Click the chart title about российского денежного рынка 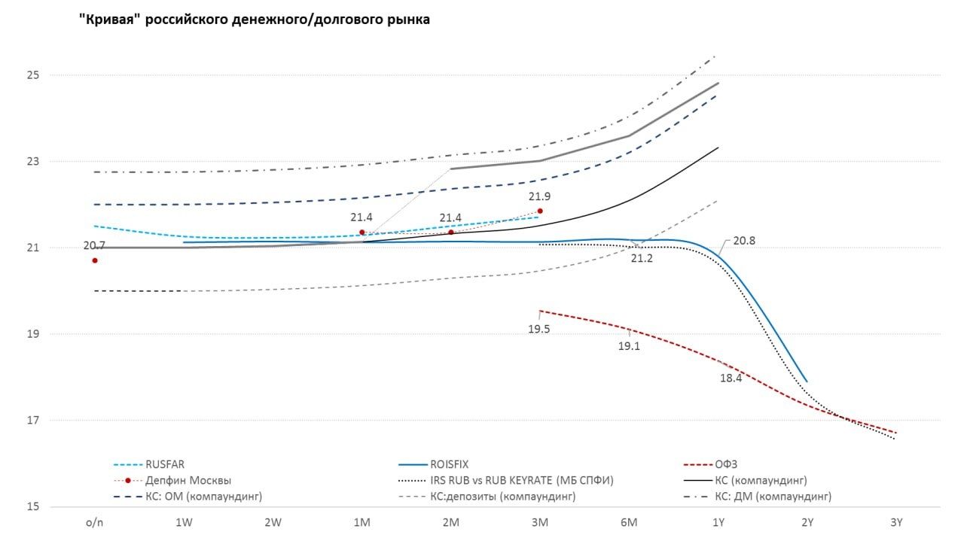(255, 20)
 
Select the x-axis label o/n (95, 522)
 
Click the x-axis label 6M (629, 522)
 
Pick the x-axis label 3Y (895, 522)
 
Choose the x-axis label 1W (184, 522)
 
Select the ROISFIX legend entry (449, 465)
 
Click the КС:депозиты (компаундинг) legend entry (502, 497)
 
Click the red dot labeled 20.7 (95, 260)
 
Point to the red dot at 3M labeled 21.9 (540, 211)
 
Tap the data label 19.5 (538, 329)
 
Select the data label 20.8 (743, 241)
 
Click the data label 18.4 (731, 378)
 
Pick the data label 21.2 (642, 258)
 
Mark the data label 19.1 (629, 347)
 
